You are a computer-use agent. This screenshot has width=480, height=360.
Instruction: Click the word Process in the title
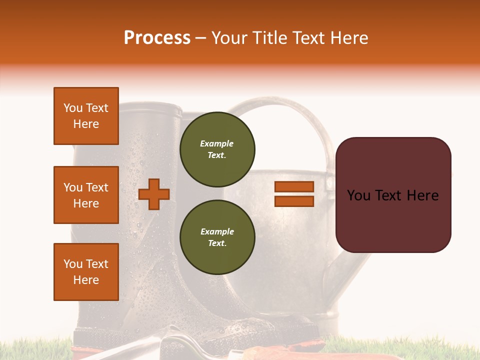click(x=157, y=38)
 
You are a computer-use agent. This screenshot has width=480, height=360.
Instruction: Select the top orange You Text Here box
click(x=86, y=116)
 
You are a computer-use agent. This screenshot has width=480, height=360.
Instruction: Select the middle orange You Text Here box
click(x=86, y=195)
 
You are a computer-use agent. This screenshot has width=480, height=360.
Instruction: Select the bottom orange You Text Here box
click(x=86, y=271)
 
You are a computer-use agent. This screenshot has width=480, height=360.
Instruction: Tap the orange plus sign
click(x=154, y=194)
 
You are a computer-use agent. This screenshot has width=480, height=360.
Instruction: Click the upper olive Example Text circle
click(x=217, y=149)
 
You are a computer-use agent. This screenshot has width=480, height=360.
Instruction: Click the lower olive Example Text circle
click(x=217, y=237)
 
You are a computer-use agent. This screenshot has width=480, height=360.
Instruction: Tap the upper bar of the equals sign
click(x=294, y=186)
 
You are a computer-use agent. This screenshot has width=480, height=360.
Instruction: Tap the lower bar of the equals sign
click(x=294, y=201)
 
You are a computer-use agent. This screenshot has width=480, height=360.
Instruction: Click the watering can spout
click(x=350, y=270)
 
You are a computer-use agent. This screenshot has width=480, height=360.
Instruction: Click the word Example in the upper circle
click(x=217, y=143)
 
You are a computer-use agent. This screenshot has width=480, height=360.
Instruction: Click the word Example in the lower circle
click(x=217, y=231)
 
